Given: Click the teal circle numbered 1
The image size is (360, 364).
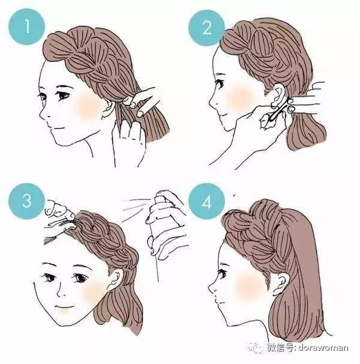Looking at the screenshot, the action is pyautogui.click(x=26, y=26).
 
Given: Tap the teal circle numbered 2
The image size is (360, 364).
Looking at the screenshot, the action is pyautogui.click(x=206, y=28).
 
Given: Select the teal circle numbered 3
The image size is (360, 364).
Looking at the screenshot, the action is pyautogui.click(x=26, y=201).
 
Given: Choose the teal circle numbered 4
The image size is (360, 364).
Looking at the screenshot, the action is pyautogui.click(x=206, y=201).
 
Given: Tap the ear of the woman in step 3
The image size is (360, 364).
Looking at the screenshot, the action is pyautogui.click(x=116, y=279).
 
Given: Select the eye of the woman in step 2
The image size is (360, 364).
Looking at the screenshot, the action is pyautogui.click(x=220, y=83).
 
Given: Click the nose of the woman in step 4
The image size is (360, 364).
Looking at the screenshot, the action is pyautogui.click(x=212, y=288).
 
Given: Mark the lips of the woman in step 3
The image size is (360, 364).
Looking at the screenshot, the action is pyautogui.click(x=63, y=307).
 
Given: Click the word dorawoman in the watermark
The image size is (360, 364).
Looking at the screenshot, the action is pyautogui.click(x=323, y=348).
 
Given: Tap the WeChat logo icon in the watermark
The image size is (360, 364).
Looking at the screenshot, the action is pyautogui.click(x=255, y=347).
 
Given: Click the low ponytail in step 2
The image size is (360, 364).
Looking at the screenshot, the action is pyautogui.click(x=306, y=130).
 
